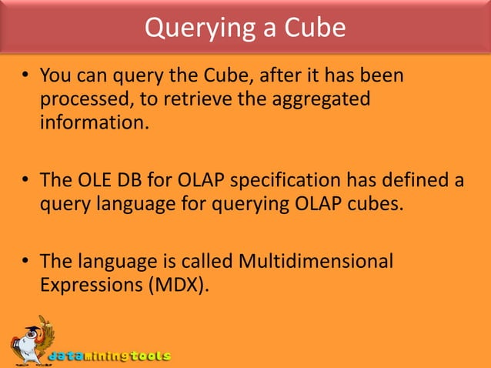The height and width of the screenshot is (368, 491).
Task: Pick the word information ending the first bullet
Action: click(91, 122)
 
